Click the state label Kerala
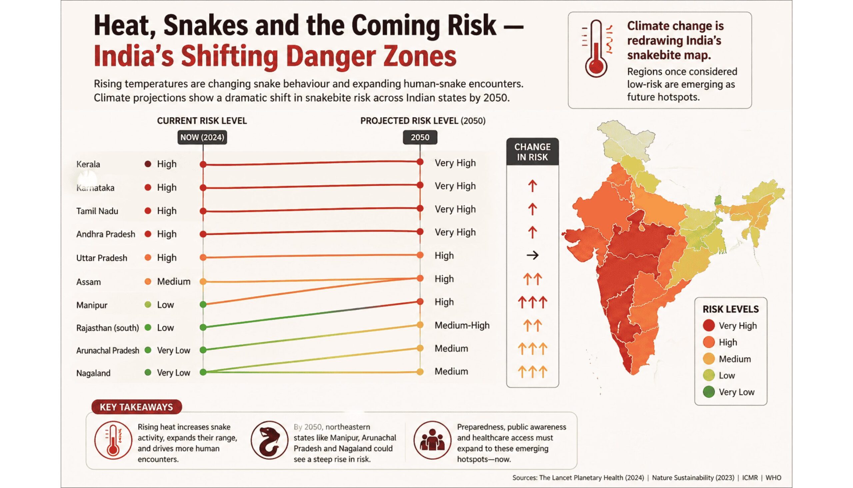(x=88, y=164)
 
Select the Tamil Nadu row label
(x=97, y=211)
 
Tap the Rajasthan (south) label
(x=108, y=328)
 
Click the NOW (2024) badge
(x=202, y=137)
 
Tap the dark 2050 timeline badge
(x=420, y=137)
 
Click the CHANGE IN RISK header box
(x=532, y=152)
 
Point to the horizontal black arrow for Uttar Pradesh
(x=532, y=255)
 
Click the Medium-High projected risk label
(x=462, y=325)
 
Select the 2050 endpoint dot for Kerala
(x=420, y=162)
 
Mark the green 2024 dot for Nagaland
(x=203, y=372)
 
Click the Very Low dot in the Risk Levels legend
(x=709, y=392)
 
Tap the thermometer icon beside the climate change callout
(x=596, y=49)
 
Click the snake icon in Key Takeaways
(x=269, y=440)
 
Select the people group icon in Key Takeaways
(x=432, y=440)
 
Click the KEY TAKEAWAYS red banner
(x=136, y=407)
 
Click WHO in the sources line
(x=773, y=478)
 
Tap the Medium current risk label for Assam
(x=174, y=282)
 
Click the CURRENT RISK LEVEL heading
(x=202, y=121)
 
